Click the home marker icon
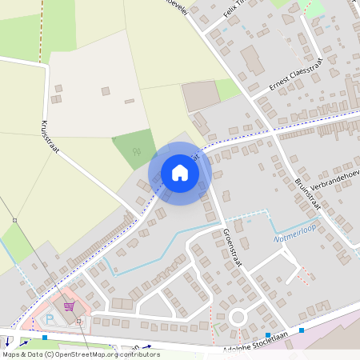180,173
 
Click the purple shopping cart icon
70,306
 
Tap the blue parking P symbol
50,318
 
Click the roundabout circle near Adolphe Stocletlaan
238,318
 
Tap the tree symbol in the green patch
137,150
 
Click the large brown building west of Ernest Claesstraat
251,59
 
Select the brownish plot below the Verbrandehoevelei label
200,97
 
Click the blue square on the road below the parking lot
45,338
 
